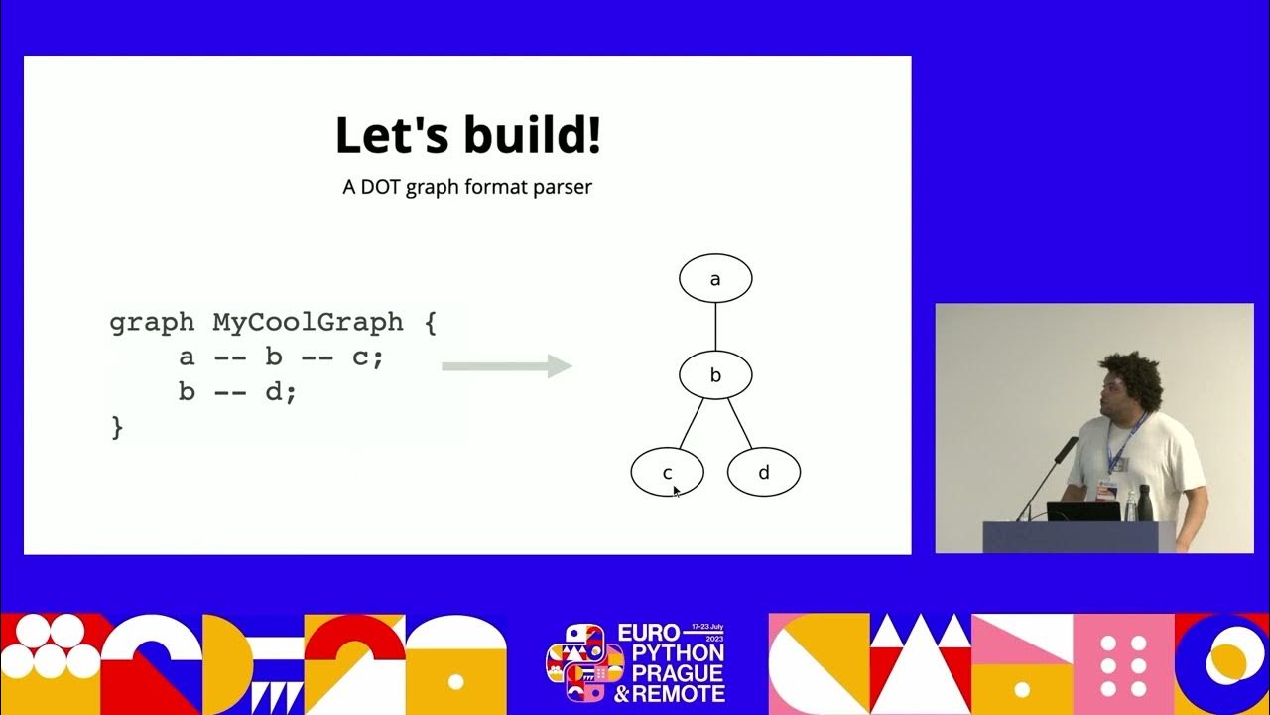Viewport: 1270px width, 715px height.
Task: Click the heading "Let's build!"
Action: coord(467,136)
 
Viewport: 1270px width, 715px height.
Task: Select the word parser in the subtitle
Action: coord(561,187)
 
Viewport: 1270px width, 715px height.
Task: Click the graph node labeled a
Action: coord(715,279)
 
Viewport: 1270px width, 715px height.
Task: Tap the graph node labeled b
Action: coord(715,375)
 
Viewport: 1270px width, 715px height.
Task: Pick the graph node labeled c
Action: coord(667,473)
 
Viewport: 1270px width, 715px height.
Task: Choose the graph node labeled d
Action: coord(763,473)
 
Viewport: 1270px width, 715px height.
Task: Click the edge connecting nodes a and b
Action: coord(715,327)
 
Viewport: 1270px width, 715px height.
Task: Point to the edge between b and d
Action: coord(739,423)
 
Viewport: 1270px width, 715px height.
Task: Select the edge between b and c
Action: coord(692,423)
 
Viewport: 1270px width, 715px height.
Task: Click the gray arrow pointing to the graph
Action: coord(506,366)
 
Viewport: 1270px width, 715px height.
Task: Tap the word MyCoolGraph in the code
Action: coord(308,323)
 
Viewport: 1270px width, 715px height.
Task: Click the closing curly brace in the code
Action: coord(117,427)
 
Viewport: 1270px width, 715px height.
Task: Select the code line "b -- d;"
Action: coord(237,392)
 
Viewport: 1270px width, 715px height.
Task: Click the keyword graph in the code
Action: coord(152,323)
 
